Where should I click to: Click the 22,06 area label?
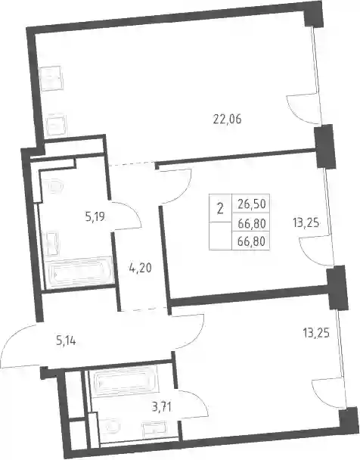pos(227,120)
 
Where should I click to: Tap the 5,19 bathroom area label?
pos(95,218)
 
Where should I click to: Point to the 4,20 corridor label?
pos(140,268)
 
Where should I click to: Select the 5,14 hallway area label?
pos(66,341)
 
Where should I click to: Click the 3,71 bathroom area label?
pos(161,407)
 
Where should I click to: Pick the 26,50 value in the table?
pos(252,204)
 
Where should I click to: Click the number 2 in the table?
pos(220,209)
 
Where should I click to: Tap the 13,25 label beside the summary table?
pos(306,223)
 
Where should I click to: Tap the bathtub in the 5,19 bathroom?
pos(79,273)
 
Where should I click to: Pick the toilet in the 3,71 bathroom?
pos(110,426)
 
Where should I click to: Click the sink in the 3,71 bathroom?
pos(154,428)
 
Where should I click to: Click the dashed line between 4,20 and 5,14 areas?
pos(144,309)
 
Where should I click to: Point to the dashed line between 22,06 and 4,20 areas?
pos(131,163)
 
